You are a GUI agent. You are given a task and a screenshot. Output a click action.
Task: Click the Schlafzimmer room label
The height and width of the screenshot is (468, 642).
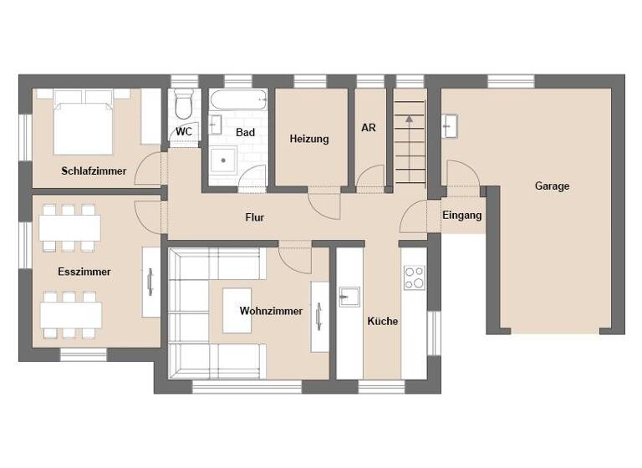(94, 171)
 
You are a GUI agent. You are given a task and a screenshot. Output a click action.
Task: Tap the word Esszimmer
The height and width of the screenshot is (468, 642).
(84, 272)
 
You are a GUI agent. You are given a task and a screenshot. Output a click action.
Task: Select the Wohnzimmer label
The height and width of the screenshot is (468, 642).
(271, 311)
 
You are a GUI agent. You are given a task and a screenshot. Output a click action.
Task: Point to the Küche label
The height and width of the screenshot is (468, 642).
(383, 321)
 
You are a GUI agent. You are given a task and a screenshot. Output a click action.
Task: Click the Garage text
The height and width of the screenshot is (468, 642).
(552, 186)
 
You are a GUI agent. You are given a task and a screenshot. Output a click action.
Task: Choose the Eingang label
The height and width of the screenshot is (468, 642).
(461, 216)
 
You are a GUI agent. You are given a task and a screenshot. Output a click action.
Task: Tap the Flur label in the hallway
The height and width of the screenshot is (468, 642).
(255, 217)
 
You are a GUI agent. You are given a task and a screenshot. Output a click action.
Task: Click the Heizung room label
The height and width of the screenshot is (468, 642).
(309, 139)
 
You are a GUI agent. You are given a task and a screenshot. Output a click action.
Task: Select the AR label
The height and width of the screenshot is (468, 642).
(369, 128)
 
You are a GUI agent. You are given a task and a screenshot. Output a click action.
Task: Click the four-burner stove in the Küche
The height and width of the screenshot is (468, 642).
(414, 277)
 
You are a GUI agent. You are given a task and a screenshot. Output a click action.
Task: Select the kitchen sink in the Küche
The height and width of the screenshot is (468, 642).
(349, 296)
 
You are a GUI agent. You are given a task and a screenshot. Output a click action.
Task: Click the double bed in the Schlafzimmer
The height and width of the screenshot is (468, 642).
(84, 121)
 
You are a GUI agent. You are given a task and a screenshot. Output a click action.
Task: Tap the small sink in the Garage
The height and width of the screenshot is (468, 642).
(451, 126)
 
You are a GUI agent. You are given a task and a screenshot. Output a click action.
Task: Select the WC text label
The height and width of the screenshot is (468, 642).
(184, 132)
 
